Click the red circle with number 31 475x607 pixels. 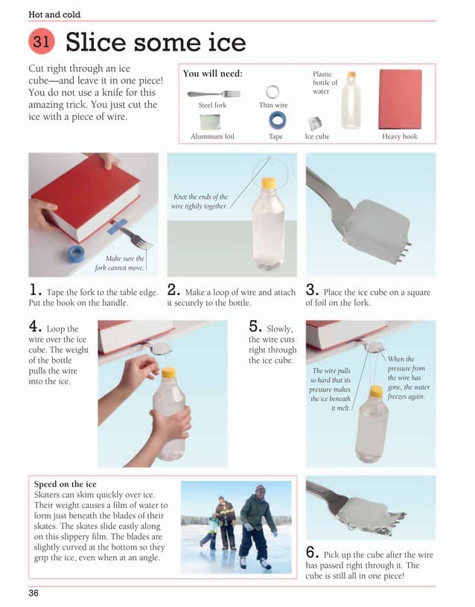[x=42, y=43]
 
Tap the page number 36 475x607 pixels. [x=34, y=593]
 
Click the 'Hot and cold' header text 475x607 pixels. [x=54, y=14]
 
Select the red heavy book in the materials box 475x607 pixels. [x=400, y=99]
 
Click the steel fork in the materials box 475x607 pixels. [x=214, y=94]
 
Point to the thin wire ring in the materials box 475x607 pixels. [x=272, y=91]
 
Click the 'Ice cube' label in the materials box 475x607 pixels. [x=317, y=137]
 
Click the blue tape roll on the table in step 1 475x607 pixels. [x=75, y=253]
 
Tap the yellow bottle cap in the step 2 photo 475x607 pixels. [x=269, y=182]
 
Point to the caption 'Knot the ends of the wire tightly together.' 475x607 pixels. [x=200, y=201]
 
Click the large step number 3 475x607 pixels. [x=312, y=291]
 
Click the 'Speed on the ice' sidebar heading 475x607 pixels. [x=66, y=484]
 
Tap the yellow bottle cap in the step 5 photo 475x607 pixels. [x=376, y=391]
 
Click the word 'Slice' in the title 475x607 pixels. [x=95, y=42]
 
